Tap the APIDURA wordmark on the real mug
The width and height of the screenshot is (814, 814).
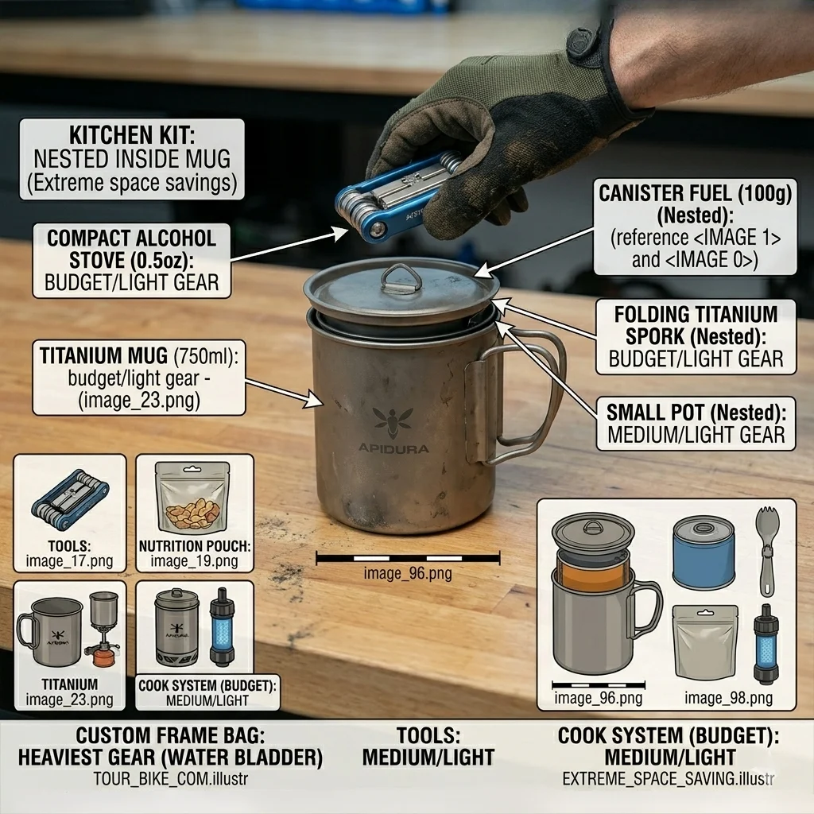pos(393,448)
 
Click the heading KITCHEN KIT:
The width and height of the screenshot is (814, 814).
pos(132,135)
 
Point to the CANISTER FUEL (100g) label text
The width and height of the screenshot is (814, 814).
pos(695,193)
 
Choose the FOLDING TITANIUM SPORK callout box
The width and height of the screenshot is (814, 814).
pos(696,336)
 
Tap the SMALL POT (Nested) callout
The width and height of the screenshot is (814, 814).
pos(696,424)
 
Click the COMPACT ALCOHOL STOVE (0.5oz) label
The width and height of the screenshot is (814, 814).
pos(132,249)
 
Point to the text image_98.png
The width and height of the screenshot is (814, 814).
pos(728,698)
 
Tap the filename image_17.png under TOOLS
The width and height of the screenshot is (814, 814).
pos(70,561)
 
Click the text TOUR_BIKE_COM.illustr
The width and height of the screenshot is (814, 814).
pos(171,779)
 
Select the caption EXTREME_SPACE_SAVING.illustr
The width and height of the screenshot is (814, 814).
pos(668,779)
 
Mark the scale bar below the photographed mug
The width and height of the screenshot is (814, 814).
pos(408,559)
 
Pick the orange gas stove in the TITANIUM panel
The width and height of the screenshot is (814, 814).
pos(103,657)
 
